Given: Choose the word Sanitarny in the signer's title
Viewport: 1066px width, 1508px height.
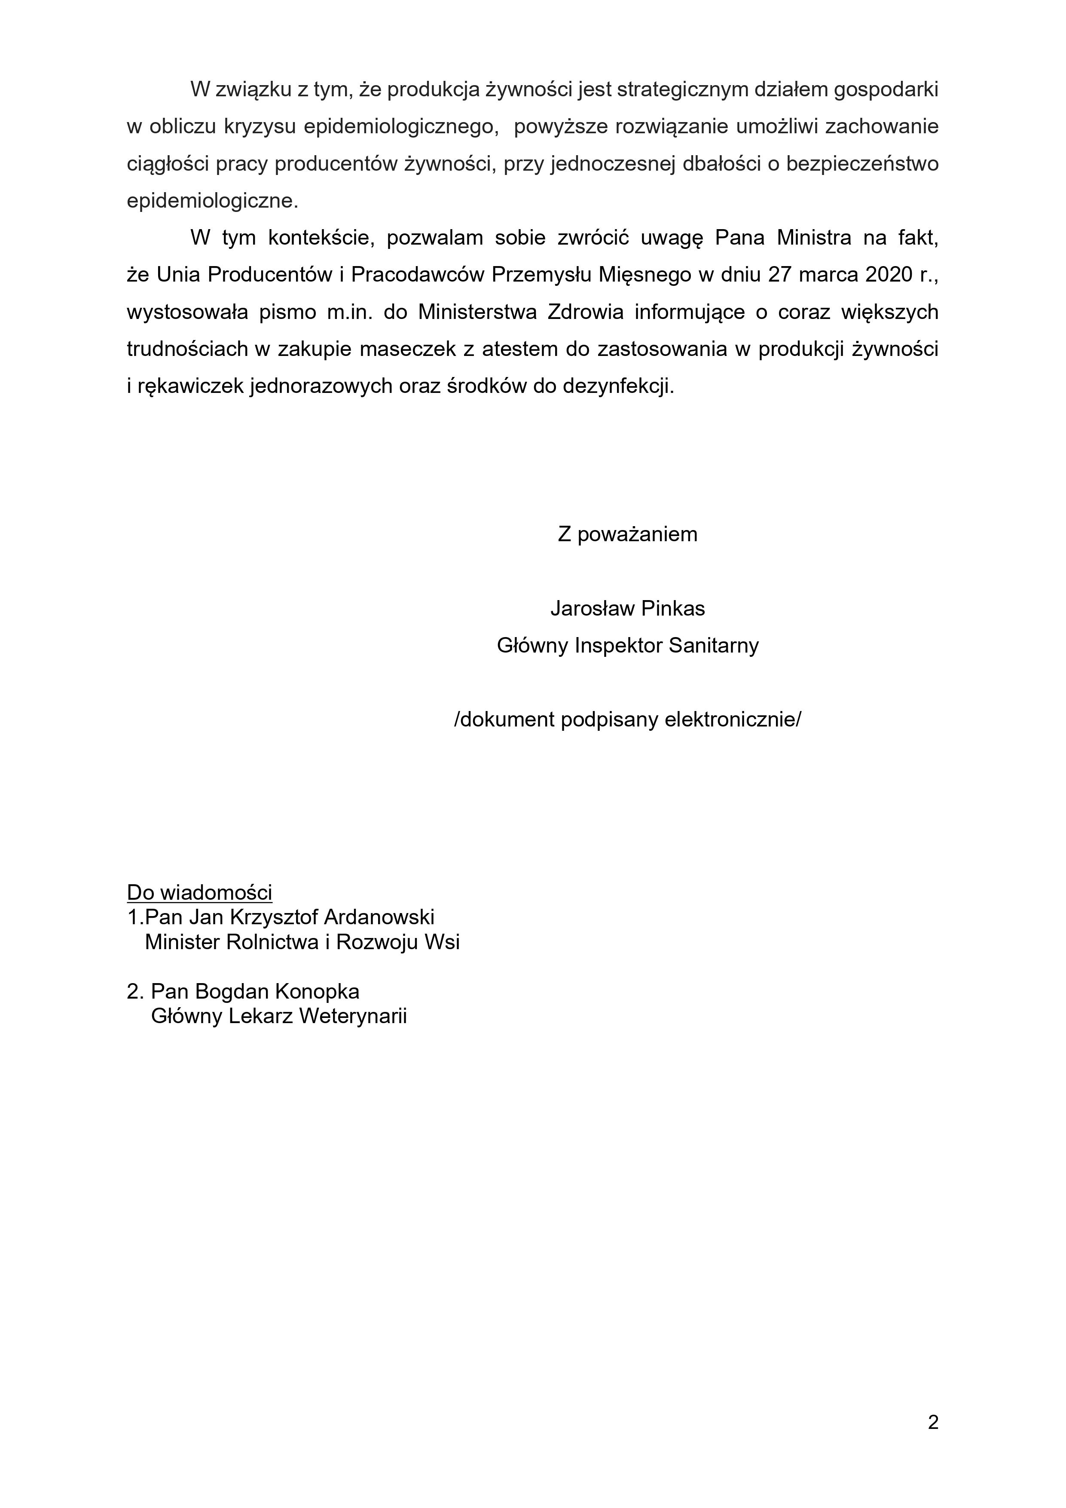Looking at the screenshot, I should tap(714, 646).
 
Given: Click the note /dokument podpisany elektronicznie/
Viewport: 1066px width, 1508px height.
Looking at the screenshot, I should tap(627, 720).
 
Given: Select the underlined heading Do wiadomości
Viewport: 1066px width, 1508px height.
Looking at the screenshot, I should tap(199, 892).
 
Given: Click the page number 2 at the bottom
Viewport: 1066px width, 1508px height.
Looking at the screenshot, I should tap(933, 1422).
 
